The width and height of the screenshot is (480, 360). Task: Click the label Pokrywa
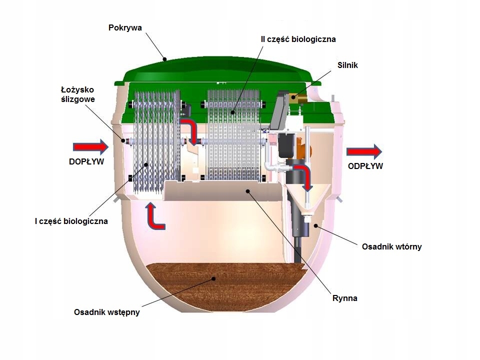(x=125, y=27)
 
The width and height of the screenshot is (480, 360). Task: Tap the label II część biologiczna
(x=299, y=38)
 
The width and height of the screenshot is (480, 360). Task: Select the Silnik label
(x=348, y=65)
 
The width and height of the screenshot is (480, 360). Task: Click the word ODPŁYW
(x=365, y=166)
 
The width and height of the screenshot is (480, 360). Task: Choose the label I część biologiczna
(x=71, y=220)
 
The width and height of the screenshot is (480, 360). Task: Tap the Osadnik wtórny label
(x=391, y=246)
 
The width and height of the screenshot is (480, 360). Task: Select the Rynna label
(x=345, y=298)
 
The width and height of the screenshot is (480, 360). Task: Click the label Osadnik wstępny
(x=106, y=312)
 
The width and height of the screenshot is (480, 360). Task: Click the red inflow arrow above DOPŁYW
(x=90, y=147)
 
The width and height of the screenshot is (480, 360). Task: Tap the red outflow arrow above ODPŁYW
(x=364, y=151)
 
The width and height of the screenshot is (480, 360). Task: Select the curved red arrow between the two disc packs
(x=190, y=131)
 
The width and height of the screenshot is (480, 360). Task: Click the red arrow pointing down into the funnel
(x=304, y=177)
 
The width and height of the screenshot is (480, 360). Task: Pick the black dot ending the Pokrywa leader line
(x=164, y=58)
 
